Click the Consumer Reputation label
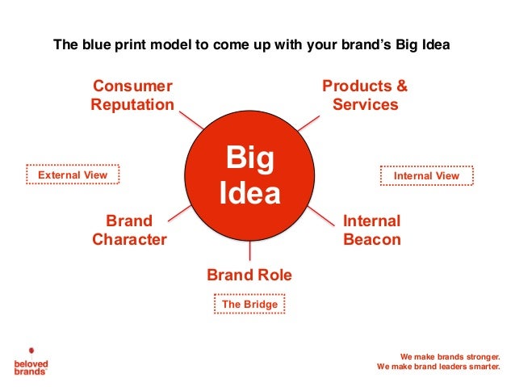pyautogui.click(x=132, y=95)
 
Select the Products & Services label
pyautogui.click(x=365, y=95)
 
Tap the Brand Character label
pyautogui.click(x=129, y=230)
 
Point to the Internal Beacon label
pyautogui.click(x=371, y=230)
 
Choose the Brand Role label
pyautogui.click(x=249, y=276)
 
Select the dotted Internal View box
pyautogui.click(x=426, y=175)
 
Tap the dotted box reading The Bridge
pyautogui.click(x=249, y=305)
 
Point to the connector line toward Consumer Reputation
pyautogui.click(x=191, y=120)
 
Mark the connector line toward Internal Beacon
pyautogui.click(x=320, y=214)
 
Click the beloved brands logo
pyautogui.click(x=31, y=361)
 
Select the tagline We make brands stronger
pyautogui.click(x=450, y=355)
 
